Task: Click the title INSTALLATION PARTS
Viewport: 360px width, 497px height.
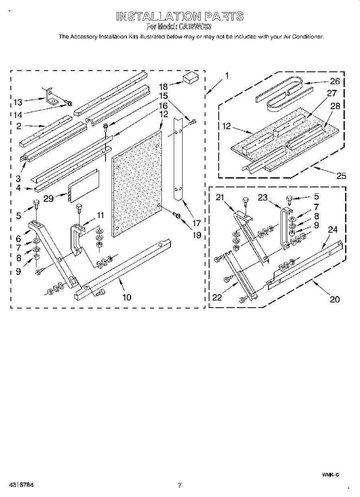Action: (x=180, y=16)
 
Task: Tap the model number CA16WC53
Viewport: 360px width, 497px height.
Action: (x=196, y=27)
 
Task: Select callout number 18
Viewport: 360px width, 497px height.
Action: (x=163, y=86)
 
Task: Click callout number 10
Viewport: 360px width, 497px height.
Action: (x=126, y=297)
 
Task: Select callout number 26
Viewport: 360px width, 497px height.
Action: (x=334, y=81)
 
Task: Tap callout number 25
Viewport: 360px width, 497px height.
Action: (x=342, y=175)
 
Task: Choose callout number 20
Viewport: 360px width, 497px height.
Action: (x=335, y=299)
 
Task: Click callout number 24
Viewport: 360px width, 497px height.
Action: (x=333, y=229)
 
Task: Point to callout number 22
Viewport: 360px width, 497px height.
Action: (x=217, y=297)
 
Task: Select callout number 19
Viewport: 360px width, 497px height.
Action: (x=196, y=235)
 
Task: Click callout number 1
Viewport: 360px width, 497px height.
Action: (x=227, y=75)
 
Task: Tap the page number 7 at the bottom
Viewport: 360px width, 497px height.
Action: (x=180, y=485)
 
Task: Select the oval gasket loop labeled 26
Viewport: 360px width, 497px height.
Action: (x=283, y=93)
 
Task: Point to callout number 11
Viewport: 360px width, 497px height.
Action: (x=100, y=215)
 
